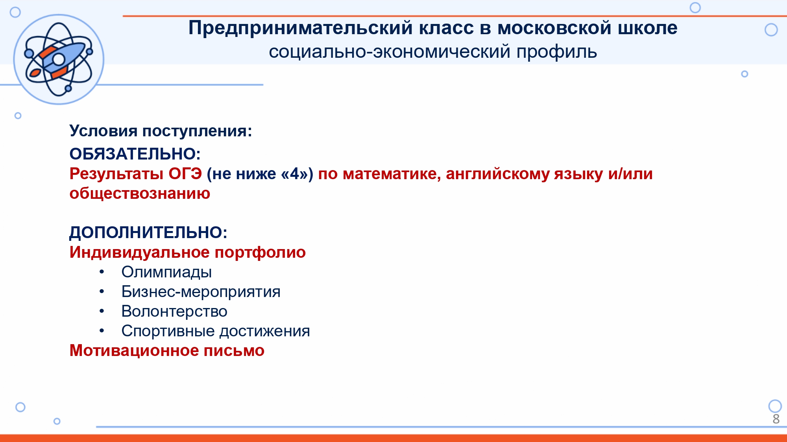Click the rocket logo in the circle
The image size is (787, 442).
tap(59, 59)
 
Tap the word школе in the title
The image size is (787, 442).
tap(647, 28)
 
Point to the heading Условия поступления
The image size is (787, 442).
tap(161, 131)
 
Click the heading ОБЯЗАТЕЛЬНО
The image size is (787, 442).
tap(135, 154)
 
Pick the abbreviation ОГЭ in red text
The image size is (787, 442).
tap(185, 174)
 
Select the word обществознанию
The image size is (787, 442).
tap(140, 193)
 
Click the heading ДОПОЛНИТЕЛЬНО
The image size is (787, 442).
tap(148, 233)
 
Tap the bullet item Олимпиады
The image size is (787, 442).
tap(166, 272)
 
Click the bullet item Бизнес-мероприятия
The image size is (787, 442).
tap(201, 292)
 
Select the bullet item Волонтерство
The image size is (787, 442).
tap(174, 311)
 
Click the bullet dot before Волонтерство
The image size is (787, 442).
tap(102, 311)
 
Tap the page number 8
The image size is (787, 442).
tap(776, 419)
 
